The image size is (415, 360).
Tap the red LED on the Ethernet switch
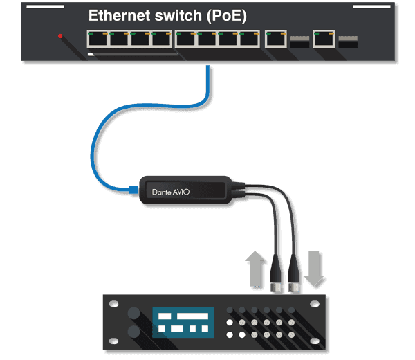tap(60, 36)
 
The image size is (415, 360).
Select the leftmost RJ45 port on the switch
tap(97, 39)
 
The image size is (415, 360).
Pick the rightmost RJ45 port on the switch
tap(323, 39)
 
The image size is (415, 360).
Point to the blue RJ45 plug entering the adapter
tap(133, 188)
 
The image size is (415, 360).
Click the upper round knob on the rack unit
tap(133, 312)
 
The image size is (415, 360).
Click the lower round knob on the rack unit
tap(133, 332)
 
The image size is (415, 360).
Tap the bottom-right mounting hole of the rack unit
tap(316, 342)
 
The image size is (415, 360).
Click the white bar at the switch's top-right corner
tap(371, 6)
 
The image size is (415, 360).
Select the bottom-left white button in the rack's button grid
tap(230, 335)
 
